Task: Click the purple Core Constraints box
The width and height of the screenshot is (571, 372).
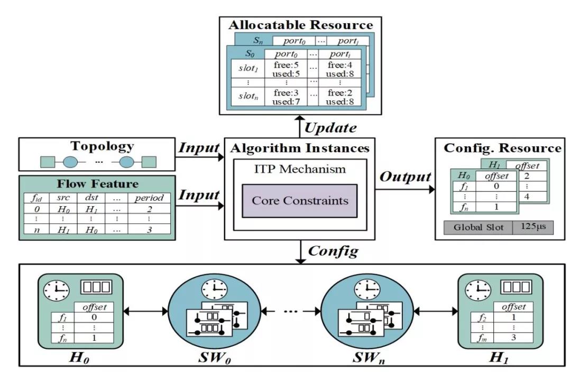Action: [x=299, y=201]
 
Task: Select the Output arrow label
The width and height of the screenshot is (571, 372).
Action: [x=404, y=176]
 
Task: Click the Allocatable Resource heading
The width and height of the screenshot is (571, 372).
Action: [x=300, y=25]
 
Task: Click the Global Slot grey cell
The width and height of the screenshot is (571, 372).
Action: [x=477, y=228]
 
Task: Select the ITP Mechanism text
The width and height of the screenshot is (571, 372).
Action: [x=299, y=170]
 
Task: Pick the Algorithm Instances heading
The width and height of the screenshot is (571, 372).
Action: [x=299, y=148]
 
